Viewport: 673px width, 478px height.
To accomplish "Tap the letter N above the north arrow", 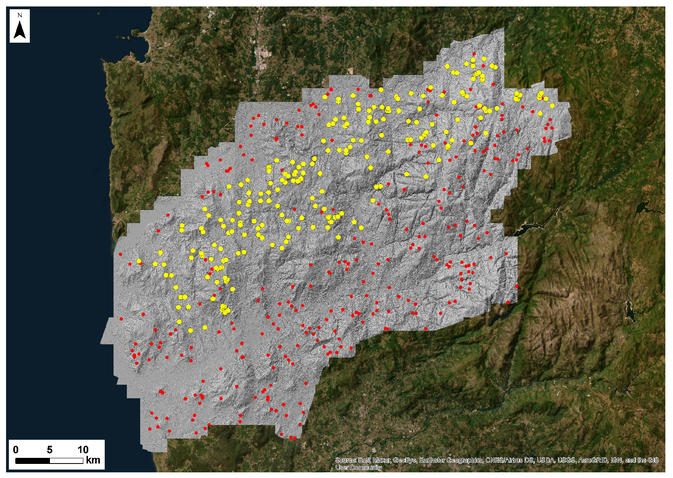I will [20, 15].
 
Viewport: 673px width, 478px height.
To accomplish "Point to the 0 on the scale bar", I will [16, 450].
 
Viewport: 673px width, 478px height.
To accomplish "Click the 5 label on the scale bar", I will [50, 450].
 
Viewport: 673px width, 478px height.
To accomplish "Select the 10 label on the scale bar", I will [83, 450].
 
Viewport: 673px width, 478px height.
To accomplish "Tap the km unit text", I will [93, 460].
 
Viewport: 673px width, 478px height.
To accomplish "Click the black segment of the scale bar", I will [33, 461].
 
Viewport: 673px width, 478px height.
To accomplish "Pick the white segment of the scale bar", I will [66, 461].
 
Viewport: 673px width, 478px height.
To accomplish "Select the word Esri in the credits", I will [363, 460].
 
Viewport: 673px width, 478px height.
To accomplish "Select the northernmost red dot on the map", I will [474, 54].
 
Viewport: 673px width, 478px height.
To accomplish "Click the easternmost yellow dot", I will [552, 106].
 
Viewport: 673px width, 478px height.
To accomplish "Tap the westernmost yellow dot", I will [139, 261].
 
